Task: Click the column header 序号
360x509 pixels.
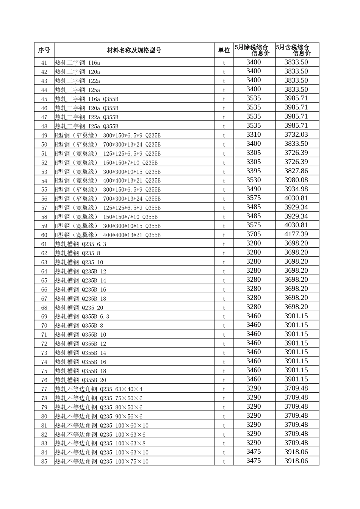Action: [44, 50]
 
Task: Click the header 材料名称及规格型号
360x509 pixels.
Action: [134, 50]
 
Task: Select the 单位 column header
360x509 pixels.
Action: [224, 50]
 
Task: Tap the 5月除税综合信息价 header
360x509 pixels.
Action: [254, 50]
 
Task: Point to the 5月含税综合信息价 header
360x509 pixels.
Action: [297, 50]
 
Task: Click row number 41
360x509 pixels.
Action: [44, 63]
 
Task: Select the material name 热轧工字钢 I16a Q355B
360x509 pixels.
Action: [87, 99]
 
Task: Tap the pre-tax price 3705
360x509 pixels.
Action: [254, 234]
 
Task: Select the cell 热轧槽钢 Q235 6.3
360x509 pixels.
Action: [81, 244]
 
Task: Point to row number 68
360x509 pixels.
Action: [44, 308]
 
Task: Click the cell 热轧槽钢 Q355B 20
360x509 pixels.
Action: [81, 380]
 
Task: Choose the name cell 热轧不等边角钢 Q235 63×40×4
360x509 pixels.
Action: [99, 389]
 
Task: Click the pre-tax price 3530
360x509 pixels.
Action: [254, 180]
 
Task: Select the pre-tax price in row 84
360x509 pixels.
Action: [254, 451]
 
